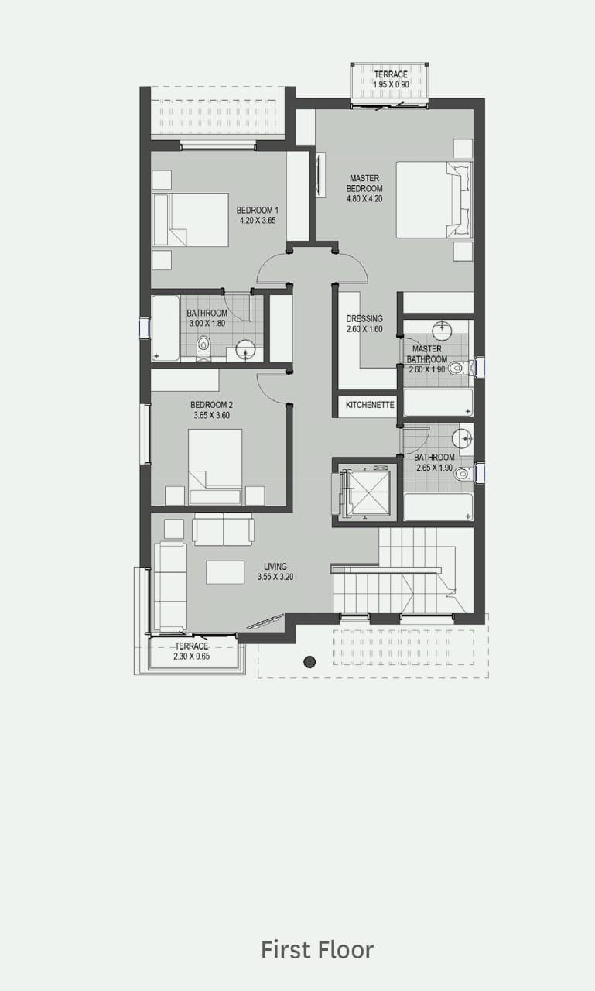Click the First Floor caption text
[317, 950]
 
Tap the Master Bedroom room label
[364, 183]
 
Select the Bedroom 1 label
[258, 210]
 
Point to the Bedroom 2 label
[212, 405]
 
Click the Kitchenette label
[370, 405]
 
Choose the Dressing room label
[364, 318]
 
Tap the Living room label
[275, 566]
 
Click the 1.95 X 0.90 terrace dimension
[392, 84]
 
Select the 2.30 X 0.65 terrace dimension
[192, 657]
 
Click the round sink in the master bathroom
[442, 330]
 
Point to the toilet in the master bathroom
[460, 368]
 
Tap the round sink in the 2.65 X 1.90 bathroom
[463, 439]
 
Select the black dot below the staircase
[309, 662]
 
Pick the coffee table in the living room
[225, 572]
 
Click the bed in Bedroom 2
[215, 466]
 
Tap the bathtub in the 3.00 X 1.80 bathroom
[166, 328]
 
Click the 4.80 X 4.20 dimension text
[364, 199]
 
